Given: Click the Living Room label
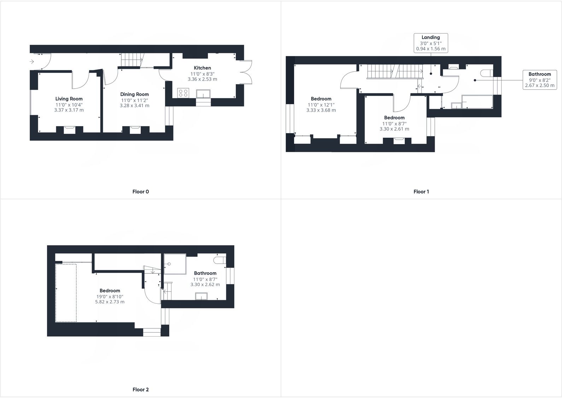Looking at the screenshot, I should click(69, 99).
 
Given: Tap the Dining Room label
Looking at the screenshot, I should click(134, 94).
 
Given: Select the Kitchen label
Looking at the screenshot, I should click(202, 68).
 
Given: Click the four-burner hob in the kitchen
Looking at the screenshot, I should click(183, 93).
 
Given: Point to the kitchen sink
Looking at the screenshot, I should click(203, 94).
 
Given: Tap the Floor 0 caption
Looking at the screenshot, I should click(140, 192).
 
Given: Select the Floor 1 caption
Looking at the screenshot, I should click(421, 192).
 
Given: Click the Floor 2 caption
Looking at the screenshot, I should click(140, 390).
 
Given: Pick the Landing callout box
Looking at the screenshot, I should click(431, 43).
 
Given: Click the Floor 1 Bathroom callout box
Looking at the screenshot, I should click(539, 80).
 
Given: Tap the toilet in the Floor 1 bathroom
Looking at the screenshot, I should click(486, 73).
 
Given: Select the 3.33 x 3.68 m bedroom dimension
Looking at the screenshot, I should click(321, 110).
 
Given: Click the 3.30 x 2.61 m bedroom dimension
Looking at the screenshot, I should click(394, 129).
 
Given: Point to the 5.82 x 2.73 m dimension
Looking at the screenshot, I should click(110, 302).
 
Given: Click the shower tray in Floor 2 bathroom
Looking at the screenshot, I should click(175, 264).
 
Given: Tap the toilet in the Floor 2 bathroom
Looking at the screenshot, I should click(219, 260).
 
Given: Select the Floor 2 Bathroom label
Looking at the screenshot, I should click(205, 273).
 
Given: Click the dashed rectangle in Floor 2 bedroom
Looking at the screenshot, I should click(66, 293).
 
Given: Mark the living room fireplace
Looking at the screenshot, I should click(69, 130).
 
